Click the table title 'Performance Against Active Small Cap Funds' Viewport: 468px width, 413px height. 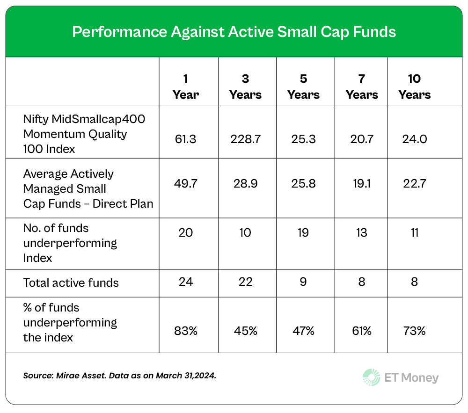234,32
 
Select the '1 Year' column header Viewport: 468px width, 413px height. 186,87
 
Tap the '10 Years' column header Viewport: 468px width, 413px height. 414,87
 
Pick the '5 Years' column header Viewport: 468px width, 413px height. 303,87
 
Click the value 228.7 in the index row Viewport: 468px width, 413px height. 245,138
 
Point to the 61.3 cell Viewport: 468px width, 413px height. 186,138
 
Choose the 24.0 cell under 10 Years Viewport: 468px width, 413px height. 414,138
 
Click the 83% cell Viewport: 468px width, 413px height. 186,331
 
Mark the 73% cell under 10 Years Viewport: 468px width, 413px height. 414,331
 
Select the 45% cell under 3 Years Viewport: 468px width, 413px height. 245,331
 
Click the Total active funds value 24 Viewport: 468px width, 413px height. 186,282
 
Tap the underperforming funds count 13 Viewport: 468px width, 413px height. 362,232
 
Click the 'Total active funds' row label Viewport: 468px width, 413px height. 71,283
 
